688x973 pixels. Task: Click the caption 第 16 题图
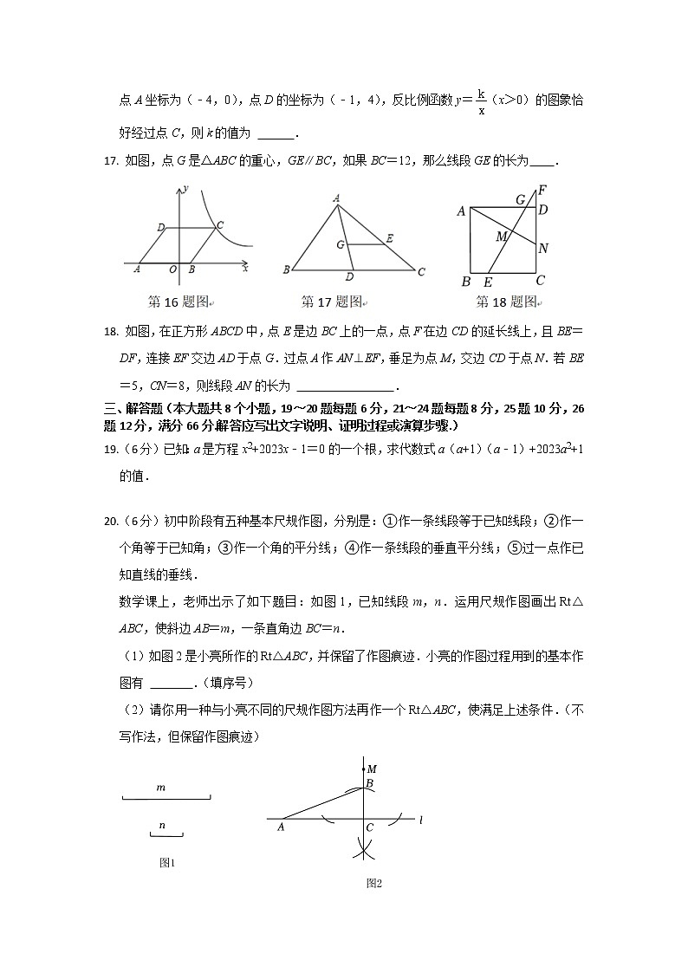[x=179, y=302]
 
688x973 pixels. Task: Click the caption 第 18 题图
[x=507, y=302]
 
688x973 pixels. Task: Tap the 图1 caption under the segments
[x=167, y=862]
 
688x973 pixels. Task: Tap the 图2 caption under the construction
[x=374, y=883]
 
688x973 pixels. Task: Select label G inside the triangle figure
[x=341, y=245]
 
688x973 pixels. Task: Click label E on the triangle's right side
[x=390, y=237]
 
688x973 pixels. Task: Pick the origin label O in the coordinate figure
[x=173, y=270]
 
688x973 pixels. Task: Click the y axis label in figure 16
[x=185, y=187]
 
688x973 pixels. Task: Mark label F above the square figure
[x=542, y=190]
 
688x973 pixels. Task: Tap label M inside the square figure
[x=501, y=237]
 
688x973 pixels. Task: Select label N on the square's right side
[x=543, y=249]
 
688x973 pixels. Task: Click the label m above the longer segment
[x=161, y=788]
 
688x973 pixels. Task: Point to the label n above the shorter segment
[x=162, y=826]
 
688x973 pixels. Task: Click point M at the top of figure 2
[x=371, y=769]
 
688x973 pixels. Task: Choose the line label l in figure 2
[x=419, y=819]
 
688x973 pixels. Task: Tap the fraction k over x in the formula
[x=481, y=102]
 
